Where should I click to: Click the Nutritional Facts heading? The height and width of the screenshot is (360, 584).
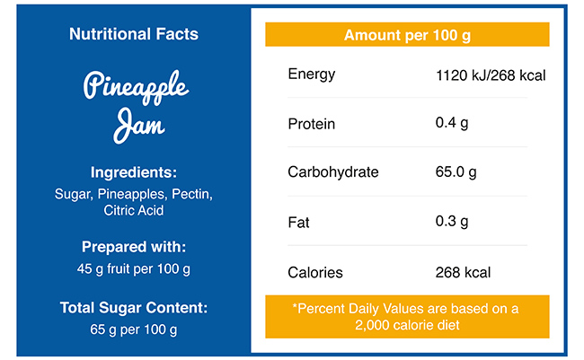134,34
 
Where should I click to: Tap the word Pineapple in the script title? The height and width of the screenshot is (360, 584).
136,88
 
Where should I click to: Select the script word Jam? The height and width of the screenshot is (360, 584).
138,125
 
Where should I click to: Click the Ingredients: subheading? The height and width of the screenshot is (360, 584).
134,172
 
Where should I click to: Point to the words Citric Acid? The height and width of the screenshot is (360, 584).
134,211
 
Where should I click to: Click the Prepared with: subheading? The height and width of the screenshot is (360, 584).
134,247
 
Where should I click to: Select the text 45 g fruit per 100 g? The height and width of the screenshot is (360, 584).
134,268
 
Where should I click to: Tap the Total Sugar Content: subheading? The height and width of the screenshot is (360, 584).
134,308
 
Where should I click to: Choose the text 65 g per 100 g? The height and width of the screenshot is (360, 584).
134,329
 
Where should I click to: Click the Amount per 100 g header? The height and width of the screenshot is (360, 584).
407,35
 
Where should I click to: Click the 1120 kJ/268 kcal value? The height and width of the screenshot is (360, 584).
490,75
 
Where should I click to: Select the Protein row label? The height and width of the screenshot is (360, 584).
311,123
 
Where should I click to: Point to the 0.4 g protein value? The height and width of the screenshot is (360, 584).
452,123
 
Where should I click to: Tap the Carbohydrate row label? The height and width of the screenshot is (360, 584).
333,172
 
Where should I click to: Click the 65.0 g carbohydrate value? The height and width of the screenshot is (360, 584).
456,172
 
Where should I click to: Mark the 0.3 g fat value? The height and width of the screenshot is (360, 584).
452,222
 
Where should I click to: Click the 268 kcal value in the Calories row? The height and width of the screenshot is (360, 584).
463,272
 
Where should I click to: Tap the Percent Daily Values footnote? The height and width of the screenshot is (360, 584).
407,316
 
